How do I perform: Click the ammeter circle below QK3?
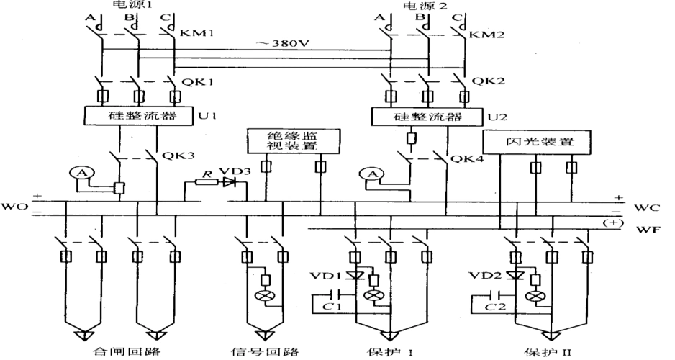tap(80, 172)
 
